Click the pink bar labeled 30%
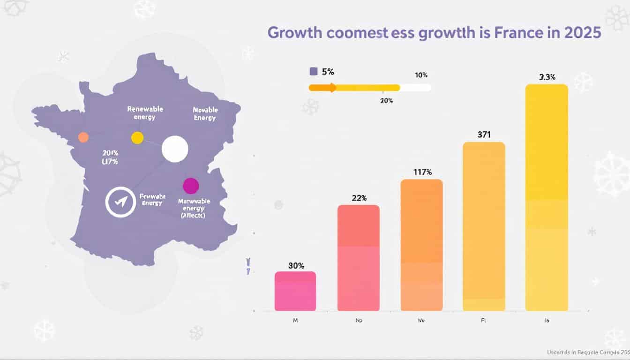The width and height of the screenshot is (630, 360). [295, 291]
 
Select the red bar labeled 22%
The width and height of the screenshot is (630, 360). [359, 258]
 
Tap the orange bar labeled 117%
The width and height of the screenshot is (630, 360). [421, 245]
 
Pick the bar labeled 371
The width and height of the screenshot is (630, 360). [484, 226]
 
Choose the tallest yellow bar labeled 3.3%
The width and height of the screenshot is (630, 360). [547, 197]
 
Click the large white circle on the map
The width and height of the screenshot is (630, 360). [175, 149]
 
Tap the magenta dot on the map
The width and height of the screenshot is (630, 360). [191, 186]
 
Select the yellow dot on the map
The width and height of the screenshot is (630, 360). [137, 138]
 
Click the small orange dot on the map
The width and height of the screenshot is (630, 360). [83, 137]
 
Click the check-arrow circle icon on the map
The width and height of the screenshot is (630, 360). [120, 202]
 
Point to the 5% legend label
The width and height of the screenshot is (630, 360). [328, 72]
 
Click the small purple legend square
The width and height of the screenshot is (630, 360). [314, 72]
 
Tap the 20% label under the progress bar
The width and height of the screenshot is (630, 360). [387, 100]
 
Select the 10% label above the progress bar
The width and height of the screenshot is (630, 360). [421, 75]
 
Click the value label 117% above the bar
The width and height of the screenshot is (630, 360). [422, 172]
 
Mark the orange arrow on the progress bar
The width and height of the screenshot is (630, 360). [330, 88]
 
